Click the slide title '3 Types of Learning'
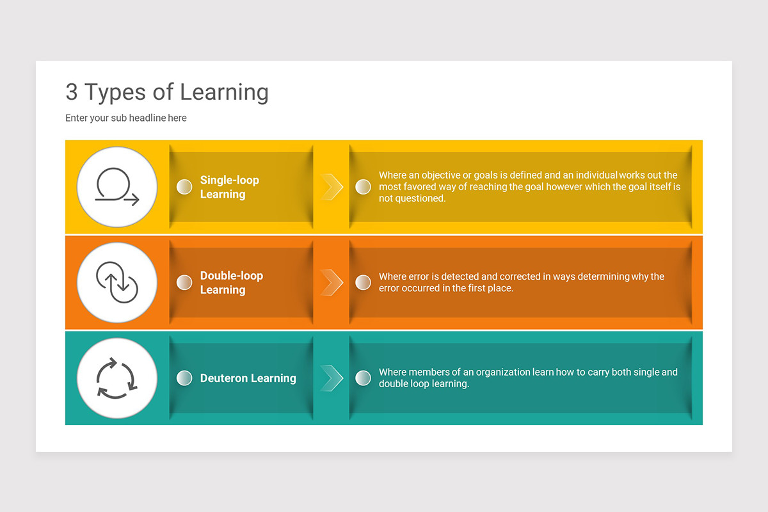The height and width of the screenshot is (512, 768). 167,92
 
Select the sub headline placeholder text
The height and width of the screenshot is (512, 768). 126,118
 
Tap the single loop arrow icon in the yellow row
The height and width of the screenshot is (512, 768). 117,187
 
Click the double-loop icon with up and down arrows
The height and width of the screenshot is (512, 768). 117,282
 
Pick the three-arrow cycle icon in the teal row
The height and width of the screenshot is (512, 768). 116,378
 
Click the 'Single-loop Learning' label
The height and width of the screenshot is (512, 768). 229,187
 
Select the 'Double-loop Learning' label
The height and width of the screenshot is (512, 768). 231,282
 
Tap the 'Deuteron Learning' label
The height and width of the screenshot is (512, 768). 248,378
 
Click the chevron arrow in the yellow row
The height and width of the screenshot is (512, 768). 332,187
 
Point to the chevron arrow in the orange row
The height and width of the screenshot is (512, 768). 332,282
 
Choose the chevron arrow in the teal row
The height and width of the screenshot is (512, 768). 332,378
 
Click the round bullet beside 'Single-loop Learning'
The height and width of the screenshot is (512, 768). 184,187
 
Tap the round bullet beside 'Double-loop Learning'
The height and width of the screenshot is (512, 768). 184,282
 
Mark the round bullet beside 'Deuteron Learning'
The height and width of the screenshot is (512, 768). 184,378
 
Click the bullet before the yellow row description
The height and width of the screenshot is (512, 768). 363,187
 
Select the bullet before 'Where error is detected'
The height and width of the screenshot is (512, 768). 363,282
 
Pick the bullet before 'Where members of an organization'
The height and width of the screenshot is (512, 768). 363,378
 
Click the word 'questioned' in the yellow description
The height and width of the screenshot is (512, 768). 420,198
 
